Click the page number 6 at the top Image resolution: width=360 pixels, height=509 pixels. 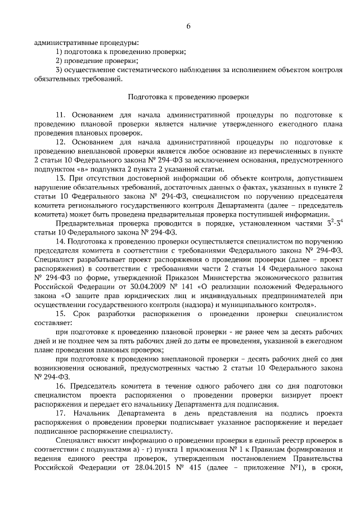coord(188,26)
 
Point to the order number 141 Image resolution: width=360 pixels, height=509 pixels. coord(181,286)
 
